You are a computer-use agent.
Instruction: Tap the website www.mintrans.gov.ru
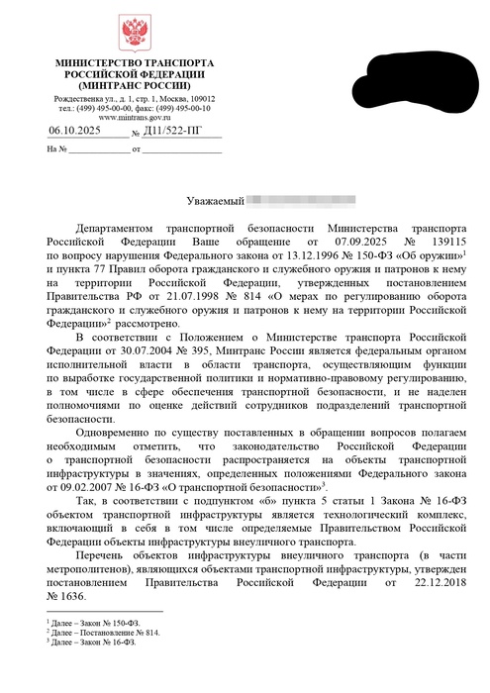coord(130,118)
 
